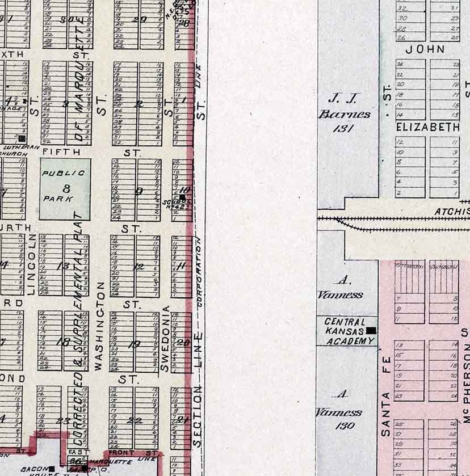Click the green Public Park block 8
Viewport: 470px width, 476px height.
[x=65, y=189]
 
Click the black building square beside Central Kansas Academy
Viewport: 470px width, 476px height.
[x=372, y=330]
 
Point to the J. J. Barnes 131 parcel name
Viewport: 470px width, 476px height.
[x=345, y=113]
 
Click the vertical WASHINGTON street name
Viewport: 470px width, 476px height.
[x=100, y=326]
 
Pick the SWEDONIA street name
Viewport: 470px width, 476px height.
[x=165, y=339]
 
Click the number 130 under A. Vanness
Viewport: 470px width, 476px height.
[x=345, y=426]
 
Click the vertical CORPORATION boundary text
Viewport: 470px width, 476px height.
[x=199, y=272]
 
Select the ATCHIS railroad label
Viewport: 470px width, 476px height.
[x=451, y=212]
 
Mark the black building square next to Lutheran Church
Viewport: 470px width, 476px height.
[x=22, y=138]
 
